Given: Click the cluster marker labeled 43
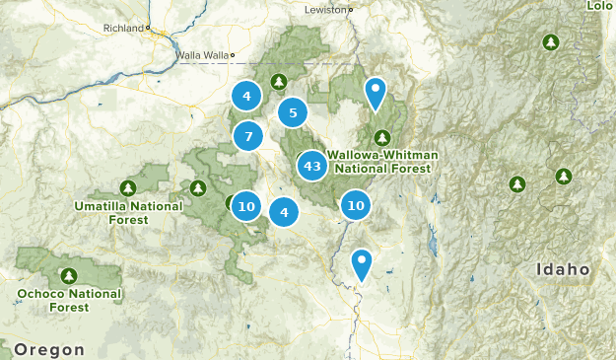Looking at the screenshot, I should coord(312,166).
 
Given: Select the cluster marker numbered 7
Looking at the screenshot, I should coord(248,136).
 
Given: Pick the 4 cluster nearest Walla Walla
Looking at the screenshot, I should coord(246,96).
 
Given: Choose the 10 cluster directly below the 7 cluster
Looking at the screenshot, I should coord(246,206).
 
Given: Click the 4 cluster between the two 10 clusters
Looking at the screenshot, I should coord(284,210).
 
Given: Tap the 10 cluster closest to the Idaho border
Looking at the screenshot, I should coord(356,205).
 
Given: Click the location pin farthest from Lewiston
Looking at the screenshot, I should coord(363,264).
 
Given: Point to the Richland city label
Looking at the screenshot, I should coord(123,29).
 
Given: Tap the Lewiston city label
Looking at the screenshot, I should coord(322,9).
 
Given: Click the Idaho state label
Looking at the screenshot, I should coord(563,269).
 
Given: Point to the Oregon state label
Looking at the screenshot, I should coord(49,349).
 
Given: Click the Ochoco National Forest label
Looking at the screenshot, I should coord(69,300).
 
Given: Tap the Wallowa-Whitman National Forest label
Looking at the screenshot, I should coord(381,162).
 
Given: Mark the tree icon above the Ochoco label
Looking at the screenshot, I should coord(69,275).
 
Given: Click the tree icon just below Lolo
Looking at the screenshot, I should coord(551,42).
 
